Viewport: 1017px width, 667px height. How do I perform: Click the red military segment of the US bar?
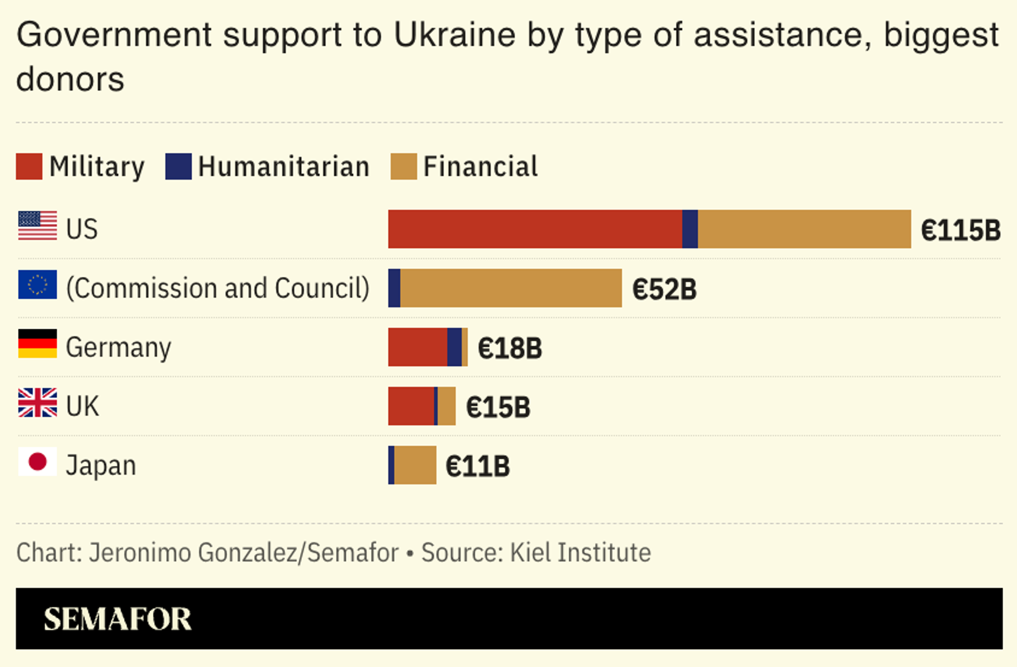(535, 229)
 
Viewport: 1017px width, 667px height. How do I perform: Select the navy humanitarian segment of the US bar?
(690, 229)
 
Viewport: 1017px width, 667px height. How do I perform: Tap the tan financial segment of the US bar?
(804, 229)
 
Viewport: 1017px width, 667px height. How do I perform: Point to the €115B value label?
(960, 230)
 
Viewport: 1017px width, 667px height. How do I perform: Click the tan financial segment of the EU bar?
(511, 288)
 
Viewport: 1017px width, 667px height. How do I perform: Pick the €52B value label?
(664, 290)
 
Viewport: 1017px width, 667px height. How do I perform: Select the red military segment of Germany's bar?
(417, 347)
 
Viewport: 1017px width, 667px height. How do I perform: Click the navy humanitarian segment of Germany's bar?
(454, 347)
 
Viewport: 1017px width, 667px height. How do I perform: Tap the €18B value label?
(510, 348)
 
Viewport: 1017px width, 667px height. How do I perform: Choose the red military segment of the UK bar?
(411, 406)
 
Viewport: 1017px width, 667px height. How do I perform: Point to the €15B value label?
(498, 408)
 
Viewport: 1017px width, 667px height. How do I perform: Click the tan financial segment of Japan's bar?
(415, 465)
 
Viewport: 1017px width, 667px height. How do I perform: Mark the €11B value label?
(478, 466)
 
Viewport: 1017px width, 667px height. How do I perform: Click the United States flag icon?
(38, 226)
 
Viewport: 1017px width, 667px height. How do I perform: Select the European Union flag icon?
(38, 284)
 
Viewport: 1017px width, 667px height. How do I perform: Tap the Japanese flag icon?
(38, 462)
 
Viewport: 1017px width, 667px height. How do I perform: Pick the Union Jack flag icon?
(38, 402)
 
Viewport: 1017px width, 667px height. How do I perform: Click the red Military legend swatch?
(29, 166)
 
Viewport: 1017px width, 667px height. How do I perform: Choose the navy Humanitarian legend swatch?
(179, 166)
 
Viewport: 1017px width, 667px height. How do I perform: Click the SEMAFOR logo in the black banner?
(117, 619)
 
